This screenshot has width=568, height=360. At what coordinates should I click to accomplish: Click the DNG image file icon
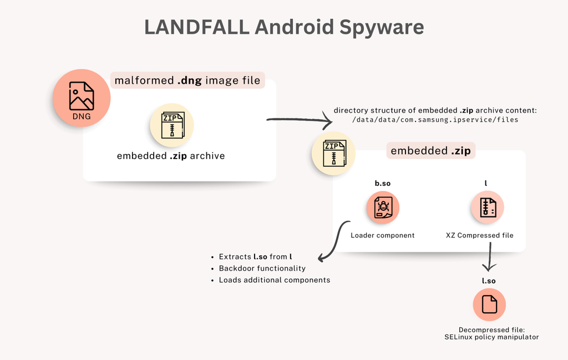[82, 98]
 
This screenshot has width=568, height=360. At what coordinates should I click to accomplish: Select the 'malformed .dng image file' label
[187, 80]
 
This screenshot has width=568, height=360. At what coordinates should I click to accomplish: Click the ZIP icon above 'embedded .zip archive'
[171, 125]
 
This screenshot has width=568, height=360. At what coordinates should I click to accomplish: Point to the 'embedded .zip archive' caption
[171, 156]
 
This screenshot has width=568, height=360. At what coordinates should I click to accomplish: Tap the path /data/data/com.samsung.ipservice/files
[435, 120]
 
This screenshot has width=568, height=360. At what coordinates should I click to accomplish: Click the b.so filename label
[382, 183]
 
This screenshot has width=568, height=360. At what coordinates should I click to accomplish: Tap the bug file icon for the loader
[382, 207]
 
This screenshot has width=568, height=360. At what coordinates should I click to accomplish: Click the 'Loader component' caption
[382, 235]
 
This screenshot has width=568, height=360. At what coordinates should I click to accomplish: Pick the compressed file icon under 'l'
[488, 207]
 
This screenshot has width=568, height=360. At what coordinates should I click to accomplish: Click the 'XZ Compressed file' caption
[479, 235]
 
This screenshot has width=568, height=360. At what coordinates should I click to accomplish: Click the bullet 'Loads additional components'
[274, 280]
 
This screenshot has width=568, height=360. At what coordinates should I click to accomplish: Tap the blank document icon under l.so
[489, 305]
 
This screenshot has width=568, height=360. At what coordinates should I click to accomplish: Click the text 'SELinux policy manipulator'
[491, 337]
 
